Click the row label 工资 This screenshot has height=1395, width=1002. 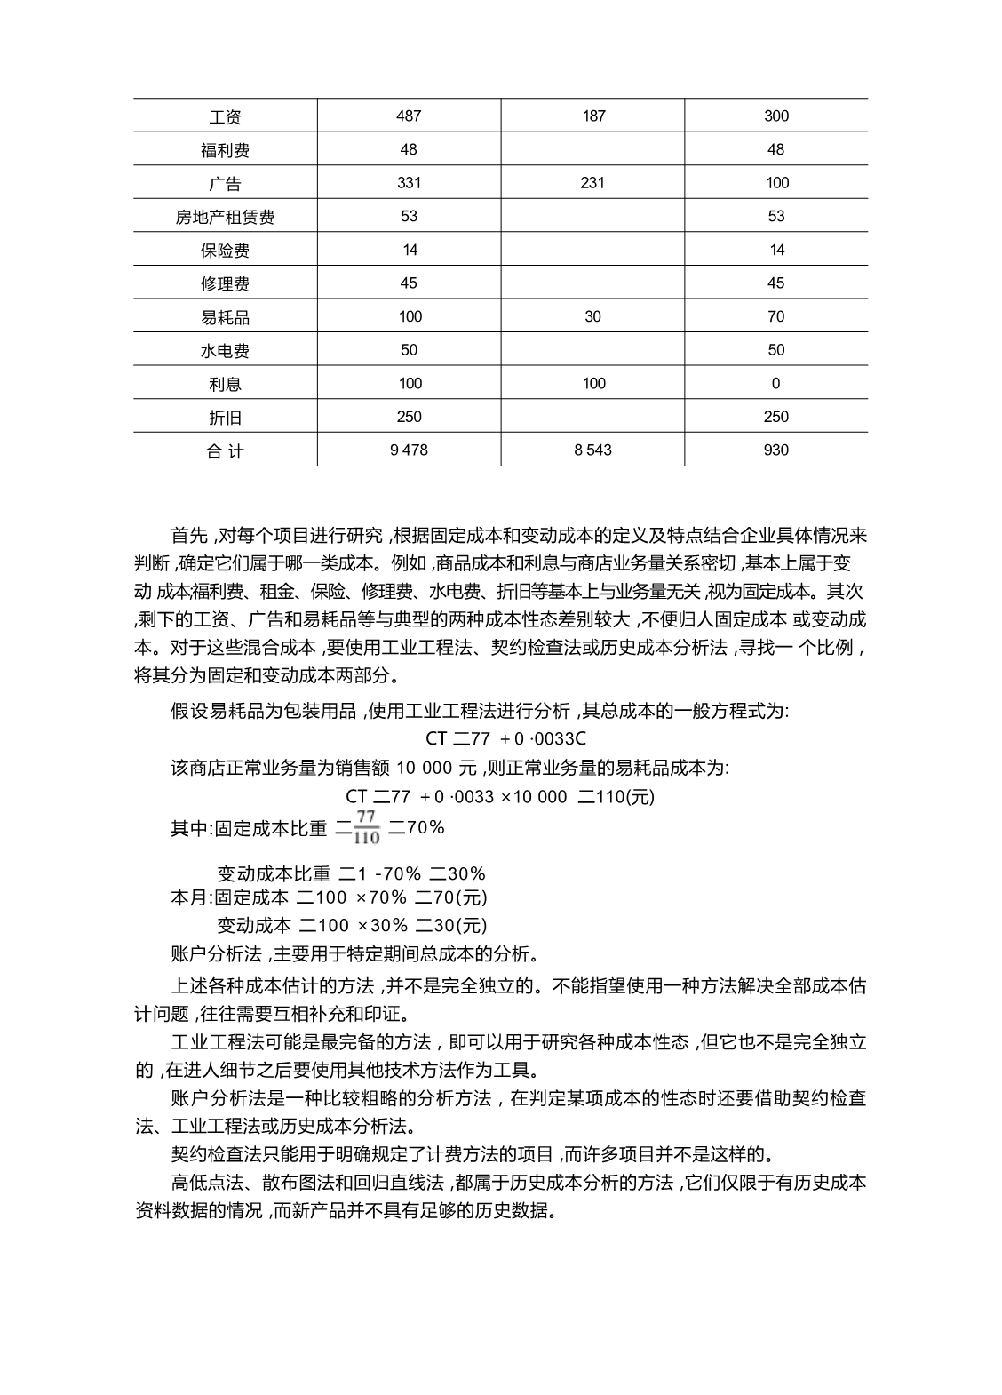click(225, 117)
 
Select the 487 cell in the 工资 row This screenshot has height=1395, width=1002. click(410, 116)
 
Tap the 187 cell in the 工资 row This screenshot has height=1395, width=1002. click(593, 116)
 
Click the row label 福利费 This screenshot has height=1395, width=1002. click(225, 150)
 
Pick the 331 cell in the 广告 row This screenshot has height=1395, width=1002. click(410, 183)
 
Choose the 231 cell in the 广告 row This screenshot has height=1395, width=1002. click(592, 183)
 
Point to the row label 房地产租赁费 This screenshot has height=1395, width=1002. click(225, 217)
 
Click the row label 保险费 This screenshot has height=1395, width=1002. click(225, 251)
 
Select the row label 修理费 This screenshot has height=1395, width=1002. click(225, 283)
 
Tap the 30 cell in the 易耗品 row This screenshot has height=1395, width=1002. click(592, 316)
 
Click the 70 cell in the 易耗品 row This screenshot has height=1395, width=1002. click(776, 316)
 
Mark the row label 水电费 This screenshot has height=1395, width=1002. click(225, 351)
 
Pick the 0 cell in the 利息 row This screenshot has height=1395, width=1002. click(776, 384)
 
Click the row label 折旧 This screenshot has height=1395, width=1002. click(225, 418)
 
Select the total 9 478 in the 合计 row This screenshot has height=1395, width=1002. click(409, 450)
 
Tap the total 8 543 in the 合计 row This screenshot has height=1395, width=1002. click(592, 450)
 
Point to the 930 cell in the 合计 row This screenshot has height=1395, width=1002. click(775, 450)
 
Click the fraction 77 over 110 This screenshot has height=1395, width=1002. click(366, 827)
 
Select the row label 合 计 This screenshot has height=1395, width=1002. click(225, 451)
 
